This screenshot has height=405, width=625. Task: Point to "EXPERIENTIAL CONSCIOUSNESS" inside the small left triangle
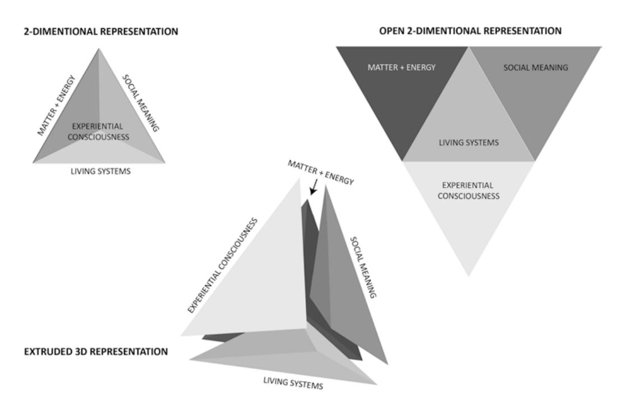99,131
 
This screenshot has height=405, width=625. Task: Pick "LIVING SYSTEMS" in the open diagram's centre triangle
468,143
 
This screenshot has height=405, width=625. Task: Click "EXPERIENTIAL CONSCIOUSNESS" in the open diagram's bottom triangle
468,190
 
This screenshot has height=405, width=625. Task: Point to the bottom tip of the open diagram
468,275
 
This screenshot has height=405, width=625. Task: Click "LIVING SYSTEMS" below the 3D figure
293,383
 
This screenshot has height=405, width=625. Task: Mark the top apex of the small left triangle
99,49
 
